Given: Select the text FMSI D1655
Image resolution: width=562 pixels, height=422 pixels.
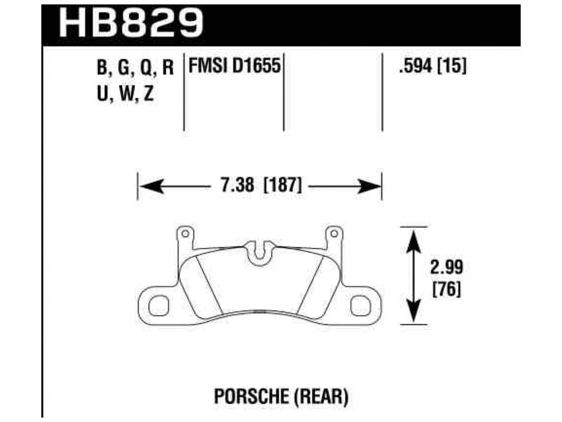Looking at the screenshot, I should (x=234, y=66).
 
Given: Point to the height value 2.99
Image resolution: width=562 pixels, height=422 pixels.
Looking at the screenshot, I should (x=446, y=267).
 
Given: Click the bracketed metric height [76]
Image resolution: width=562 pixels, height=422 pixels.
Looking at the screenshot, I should (x=446, y=290).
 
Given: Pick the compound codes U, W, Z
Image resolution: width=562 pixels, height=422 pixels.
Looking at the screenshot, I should (x=125, y=94).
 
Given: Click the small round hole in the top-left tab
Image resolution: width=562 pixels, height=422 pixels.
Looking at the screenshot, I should (x=185, y=233).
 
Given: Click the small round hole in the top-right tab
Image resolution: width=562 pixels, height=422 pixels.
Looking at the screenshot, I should (x=334, y=233).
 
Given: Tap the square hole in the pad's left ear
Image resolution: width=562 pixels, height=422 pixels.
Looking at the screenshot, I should (x=158, y=305).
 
